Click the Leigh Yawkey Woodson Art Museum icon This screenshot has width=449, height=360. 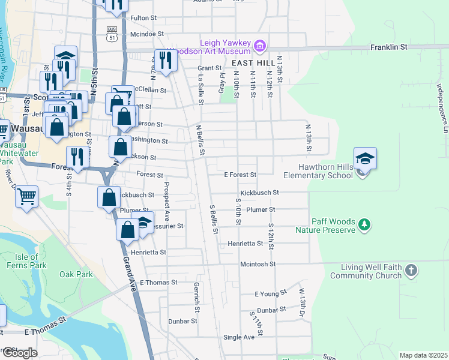pyautogui.click(x=260, y=45)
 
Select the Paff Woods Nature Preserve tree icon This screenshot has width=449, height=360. pyautogui.click(x=363, y=225)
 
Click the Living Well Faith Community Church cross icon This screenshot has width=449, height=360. pyautogui.click(x=411, y=270)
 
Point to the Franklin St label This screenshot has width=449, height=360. pyautogui.click(x=388, y=46)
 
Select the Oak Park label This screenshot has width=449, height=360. pyautogui.click(x=76, y=274)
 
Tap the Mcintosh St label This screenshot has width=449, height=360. pyautogui.click(x=257, y=264)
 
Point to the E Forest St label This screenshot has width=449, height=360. pyautogui.click(x=240, y=175)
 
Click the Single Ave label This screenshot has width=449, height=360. pyautogui.click(x=238, y=337)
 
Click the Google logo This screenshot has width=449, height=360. pyautogui.click(x=19, y=353)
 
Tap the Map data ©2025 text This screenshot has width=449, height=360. pyautogui.click(x=423, y=355)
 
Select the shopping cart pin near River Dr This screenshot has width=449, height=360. pyautogui.click(x=27, y=196)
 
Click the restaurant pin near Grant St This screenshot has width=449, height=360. pyautogui.click(x=164, y=59)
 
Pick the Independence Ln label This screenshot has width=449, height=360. pyautogui.click(x=441, y=109)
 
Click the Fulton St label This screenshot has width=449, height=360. pyautogui.click(x=143, y=19)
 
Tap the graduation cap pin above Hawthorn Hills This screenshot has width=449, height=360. pyautogui.click(x=365, y=158)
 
